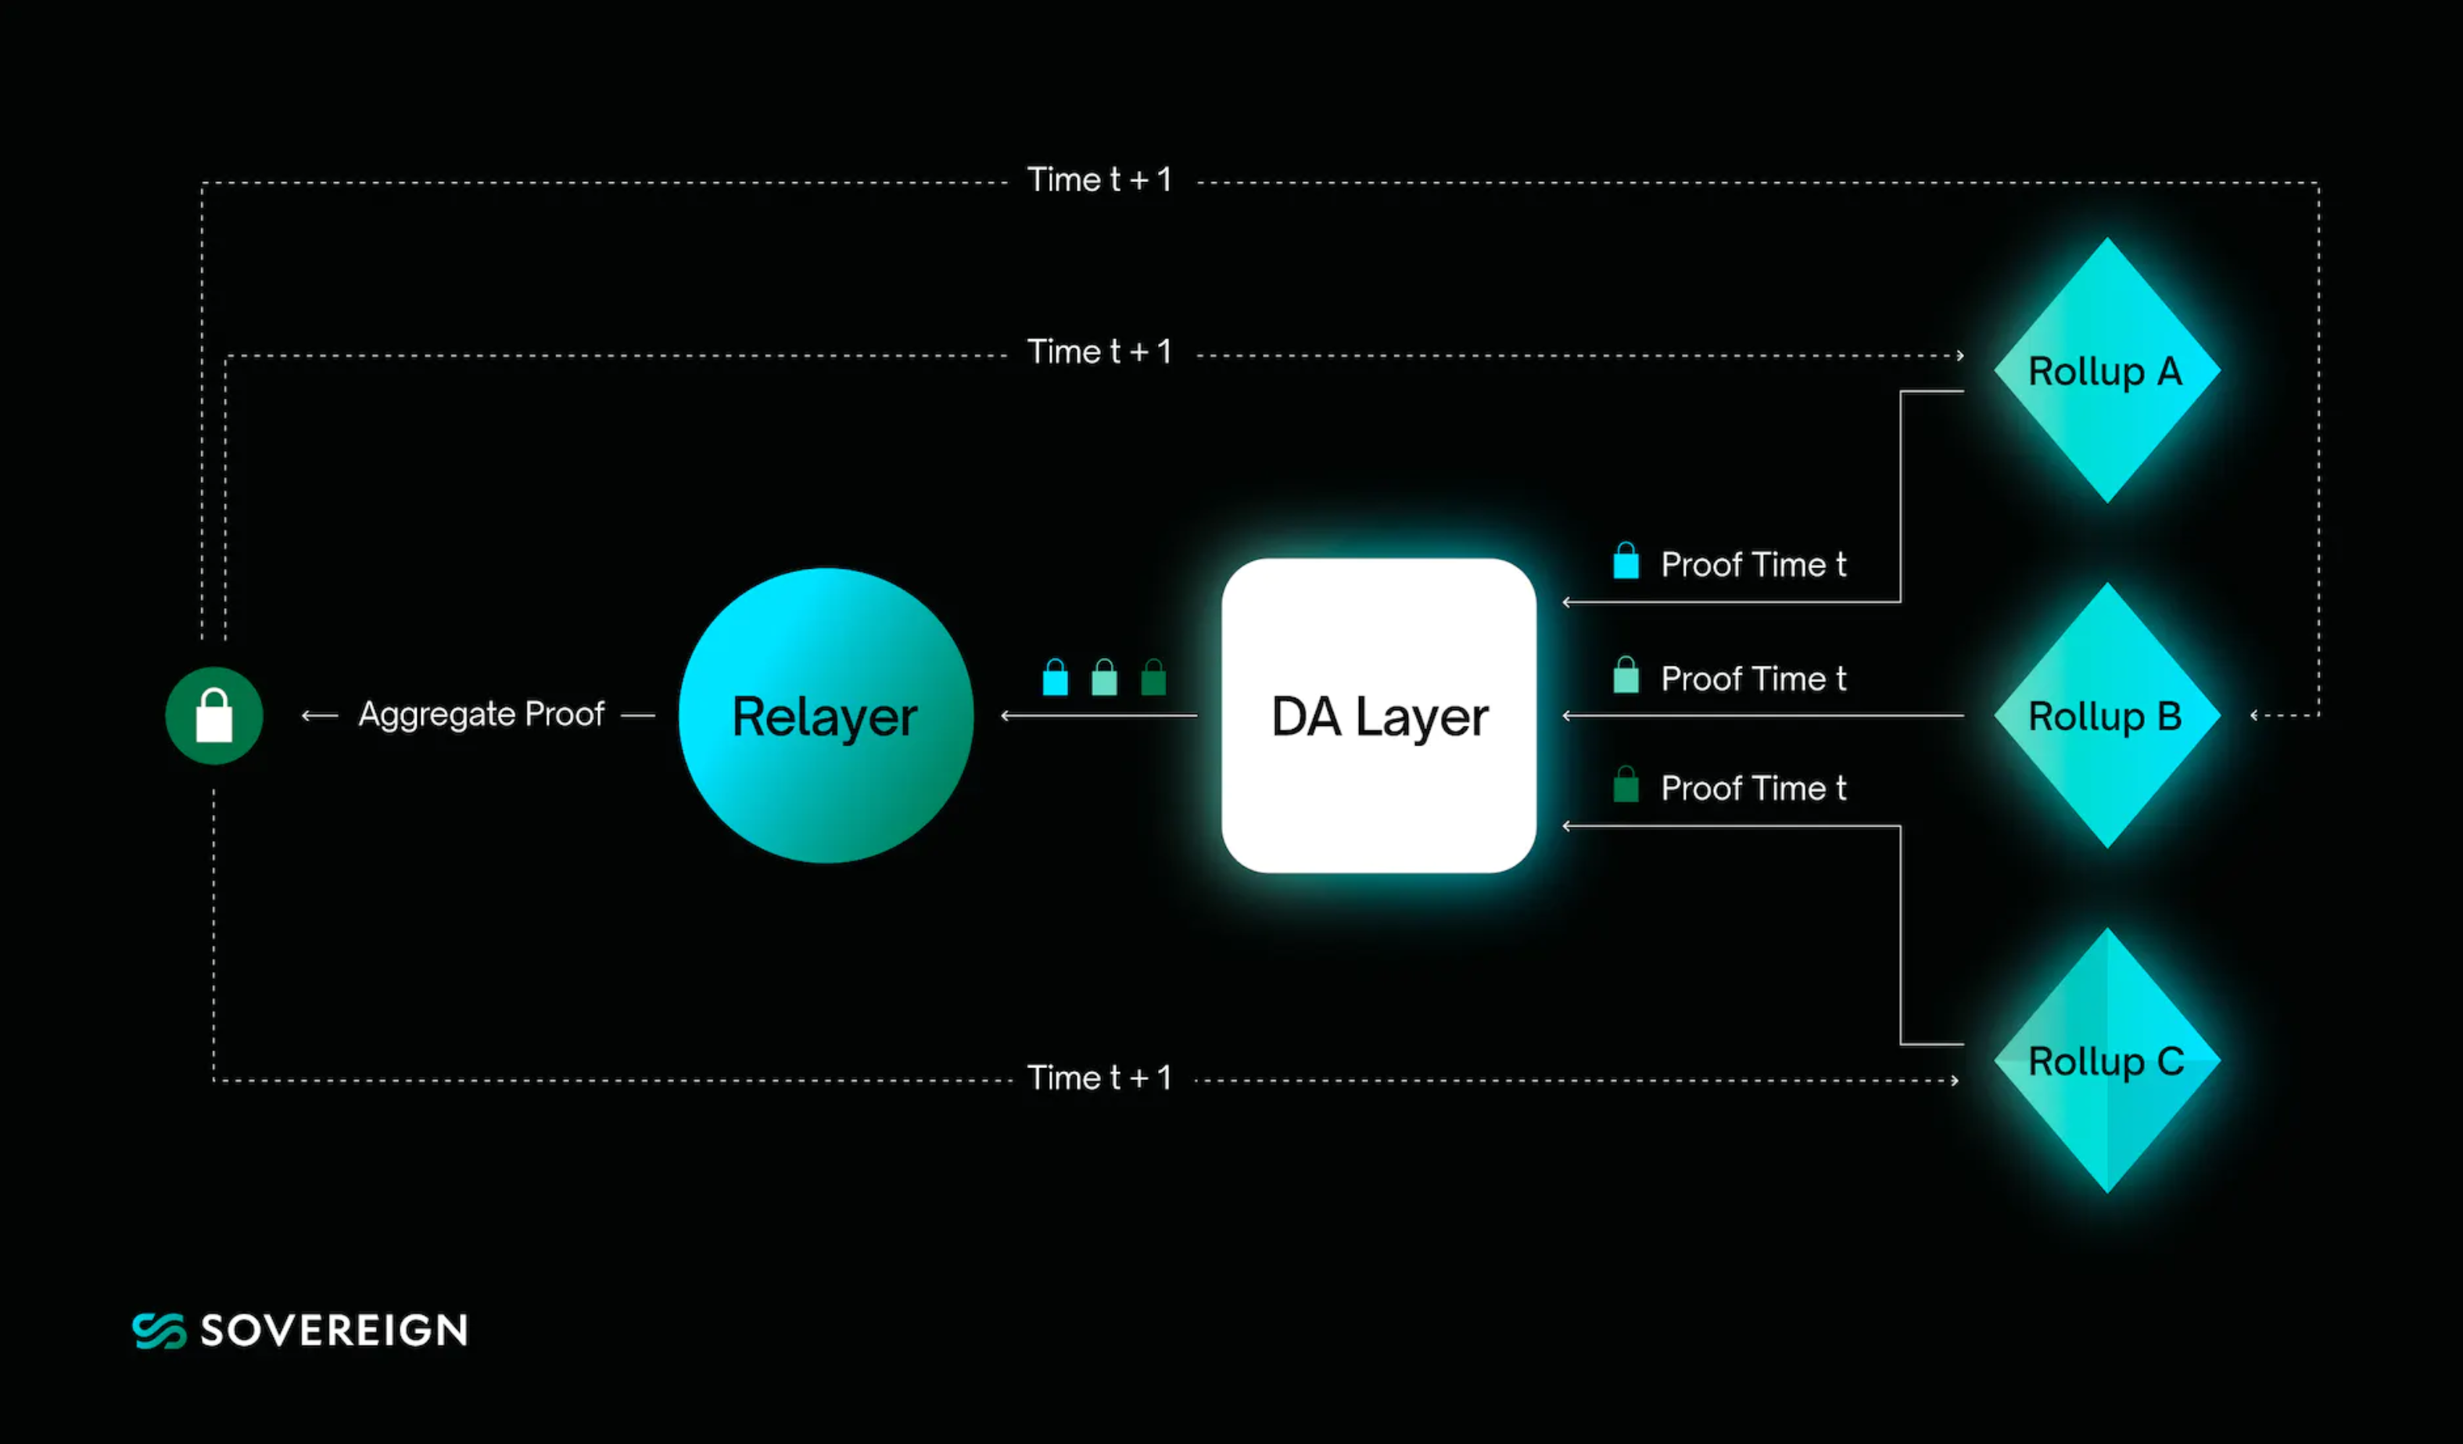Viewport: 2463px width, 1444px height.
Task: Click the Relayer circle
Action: pos(826,715)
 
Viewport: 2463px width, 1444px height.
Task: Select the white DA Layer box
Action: pos(1378,715)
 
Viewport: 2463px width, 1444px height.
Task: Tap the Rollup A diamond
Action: pos(2106,371)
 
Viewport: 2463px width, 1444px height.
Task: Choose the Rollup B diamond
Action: pos(2106,715)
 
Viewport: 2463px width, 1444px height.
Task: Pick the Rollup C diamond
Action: pos(2106,1061)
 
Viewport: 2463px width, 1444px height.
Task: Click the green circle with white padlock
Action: pos(214,715)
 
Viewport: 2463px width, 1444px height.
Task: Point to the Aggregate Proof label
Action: pos(481,714)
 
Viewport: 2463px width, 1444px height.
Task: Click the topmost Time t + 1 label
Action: pos(1099,180)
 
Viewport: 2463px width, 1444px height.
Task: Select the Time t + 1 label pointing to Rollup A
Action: pos(1099,352)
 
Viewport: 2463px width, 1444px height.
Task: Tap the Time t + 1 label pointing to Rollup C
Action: pos(1099,1078)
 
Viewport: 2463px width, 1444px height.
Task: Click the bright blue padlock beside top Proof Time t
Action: pos(1626,561)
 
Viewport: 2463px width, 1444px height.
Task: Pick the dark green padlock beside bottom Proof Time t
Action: pos(1626,785)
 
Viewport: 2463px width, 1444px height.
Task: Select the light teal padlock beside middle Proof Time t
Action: pos(1626,675)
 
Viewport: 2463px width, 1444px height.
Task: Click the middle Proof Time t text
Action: pos(1753,678)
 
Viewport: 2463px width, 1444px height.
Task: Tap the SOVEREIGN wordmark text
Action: pos(335,1330)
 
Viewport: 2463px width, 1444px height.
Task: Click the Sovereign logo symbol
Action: pos(158,1330)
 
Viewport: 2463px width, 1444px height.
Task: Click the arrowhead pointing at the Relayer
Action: pos(1006,716)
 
